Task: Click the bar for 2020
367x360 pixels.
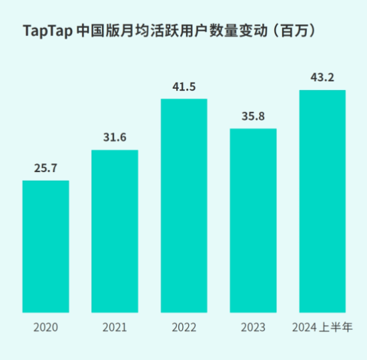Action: (x=45, y=246)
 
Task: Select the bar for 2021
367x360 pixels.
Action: (x=115, y=231)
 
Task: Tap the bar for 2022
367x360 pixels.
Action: (x=183, y=205)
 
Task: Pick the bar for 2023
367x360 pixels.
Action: (x=253, y=220)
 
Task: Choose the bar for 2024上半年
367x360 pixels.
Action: (x=322, y=201)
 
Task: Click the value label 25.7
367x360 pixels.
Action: (x=45, y=168)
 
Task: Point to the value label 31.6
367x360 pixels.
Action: (x=115, y=138)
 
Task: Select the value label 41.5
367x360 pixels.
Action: (x=183, y=87)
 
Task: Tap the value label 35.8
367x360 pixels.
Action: (x=253, y=116)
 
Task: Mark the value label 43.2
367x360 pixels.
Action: (x=322, y=78)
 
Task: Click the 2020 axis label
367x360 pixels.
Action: (x=45, y=327)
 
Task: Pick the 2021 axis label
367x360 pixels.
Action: (x=115, y=327)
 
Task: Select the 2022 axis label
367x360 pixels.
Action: (x=183, y=327)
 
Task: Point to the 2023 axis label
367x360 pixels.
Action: (x=253, y=327)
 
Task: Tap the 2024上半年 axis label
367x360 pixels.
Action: (x=322, y=327)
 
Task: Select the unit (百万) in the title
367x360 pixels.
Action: (x=293, y=31)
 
